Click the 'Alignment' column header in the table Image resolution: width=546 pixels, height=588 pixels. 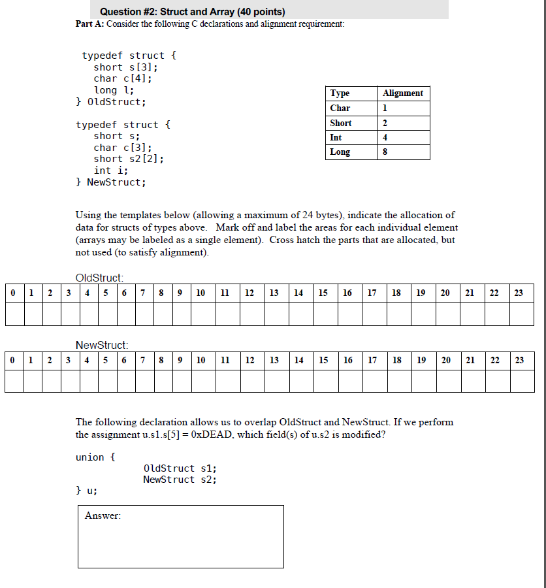[x=403, y=93]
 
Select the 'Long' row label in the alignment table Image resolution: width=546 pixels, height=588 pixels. [x=340, y=152]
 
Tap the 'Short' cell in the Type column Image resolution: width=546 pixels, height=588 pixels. [x=341, y=123]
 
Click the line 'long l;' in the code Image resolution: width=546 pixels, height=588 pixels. [x=114, y=90]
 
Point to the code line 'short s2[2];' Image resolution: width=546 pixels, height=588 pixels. [x=129, y=159]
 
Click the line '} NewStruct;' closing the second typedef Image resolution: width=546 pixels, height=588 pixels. [x=111, y=182]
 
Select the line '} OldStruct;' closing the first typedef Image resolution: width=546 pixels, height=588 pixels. [x=111, y=102]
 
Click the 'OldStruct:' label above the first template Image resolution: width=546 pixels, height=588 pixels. [x=100, y=278]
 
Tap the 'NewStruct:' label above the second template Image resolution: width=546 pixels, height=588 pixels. [x=102, y=345]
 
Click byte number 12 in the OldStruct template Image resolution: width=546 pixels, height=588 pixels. [x=249, y=293]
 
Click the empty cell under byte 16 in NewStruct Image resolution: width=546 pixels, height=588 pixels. [x=348, y=382]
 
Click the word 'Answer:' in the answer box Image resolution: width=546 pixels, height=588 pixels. [x=103, y=516]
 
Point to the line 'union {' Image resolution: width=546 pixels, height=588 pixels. [x=95, y=457]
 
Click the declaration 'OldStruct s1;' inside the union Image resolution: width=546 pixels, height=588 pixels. [x=180, y=468]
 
